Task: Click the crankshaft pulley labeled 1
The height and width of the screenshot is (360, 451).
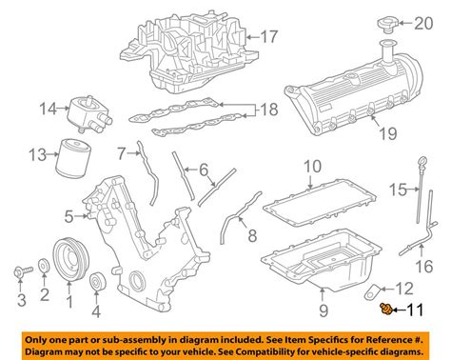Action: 69,259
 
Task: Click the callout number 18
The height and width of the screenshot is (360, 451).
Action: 271,110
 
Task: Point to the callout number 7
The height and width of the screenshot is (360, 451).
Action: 122,152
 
